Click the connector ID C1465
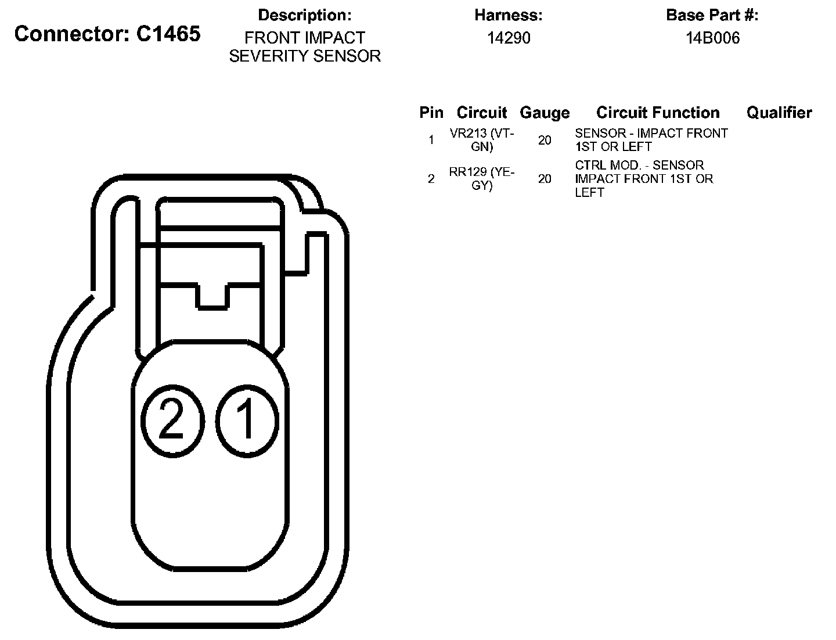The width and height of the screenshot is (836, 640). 168,34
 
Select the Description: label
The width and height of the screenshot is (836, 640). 305,15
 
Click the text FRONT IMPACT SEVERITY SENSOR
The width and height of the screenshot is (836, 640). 305,47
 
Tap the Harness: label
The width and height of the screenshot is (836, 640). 509,15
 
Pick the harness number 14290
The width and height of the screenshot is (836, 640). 509,38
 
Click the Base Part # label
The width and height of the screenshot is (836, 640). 712,15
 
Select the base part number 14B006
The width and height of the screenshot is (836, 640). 712,38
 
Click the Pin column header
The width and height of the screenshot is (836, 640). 431,113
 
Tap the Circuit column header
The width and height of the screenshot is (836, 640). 482,113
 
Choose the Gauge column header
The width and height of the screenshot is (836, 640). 545,113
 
